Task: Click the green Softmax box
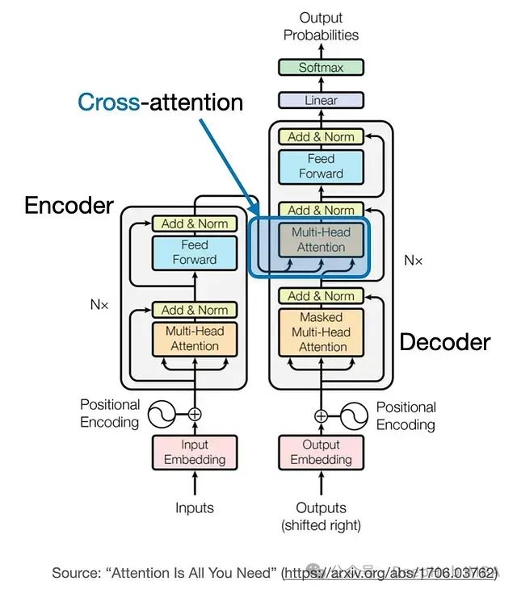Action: coord(321,68)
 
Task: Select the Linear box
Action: coord(321,101)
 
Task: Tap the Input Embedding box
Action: coord(195,452)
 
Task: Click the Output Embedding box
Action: coord(321,452)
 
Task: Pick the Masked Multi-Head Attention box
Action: coord(321,332)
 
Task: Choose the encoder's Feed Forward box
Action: coord(195,252)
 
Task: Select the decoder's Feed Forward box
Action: coord(321,166)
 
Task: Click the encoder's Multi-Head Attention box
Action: coord(195,338)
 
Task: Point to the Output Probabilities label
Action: coord(321,27)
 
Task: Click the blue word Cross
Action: coord(108,102)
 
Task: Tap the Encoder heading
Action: coord(69,205)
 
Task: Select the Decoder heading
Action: coord(445,341)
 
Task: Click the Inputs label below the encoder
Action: coord(195,507)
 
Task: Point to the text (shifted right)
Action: coord(321,525)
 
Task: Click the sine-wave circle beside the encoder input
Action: coord(161,415)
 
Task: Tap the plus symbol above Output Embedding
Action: coord(321,416)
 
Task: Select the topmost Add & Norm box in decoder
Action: coord(321,137)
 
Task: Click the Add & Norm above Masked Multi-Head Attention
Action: coord(321,296)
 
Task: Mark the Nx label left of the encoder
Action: coord(99,305)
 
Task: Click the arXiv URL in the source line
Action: coord(388,573)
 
